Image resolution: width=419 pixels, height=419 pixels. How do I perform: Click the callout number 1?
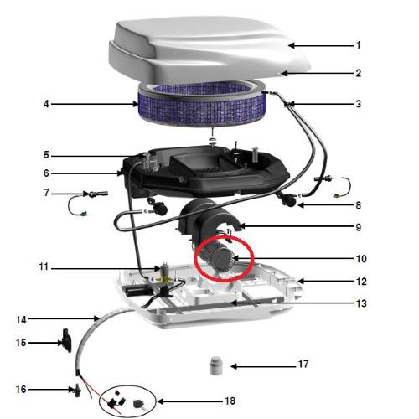(x=359, y=45)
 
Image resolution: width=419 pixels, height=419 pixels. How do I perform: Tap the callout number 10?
(x=360, y=259)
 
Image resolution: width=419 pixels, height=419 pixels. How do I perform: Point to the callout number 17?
(x=303, y=365)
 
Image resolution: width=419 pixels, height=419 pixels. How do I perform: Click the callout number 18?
(x=230, y=401)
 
